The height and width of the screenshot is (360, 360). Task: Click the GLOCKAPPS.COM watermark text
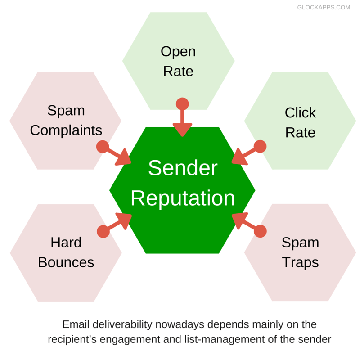[324, 8]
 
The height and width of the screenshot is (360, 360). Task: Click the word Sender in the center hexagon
[183, 168]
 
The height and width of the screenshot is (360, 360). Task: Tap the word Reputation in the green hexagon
[183, 198]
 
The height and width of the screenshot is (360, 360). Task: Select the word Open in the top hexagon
[178, 51]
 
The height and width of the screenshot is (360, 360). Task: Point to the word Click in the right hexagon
[300, 112]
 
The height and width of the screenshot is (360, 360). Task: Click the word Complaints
[66, 130]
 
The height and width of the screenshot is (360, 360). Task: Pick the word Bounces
[66, 262]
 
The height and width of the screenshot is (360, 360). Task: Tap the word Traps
[300, 262]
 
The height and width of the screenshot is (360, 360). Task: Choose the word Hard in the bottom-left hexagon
[66, 243]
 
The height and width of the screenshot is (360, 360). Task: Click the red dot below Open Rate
[182, 104]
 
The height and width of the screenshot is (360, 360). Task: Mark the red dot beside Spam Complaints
[103, 147]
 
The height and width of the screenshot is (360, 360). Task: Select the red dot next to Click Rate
[260, 146]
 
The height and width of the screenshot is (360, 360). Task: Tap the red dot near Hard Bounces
[103, 231]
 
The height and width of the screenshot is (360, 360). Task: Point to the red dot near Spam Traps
[260, 231]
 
